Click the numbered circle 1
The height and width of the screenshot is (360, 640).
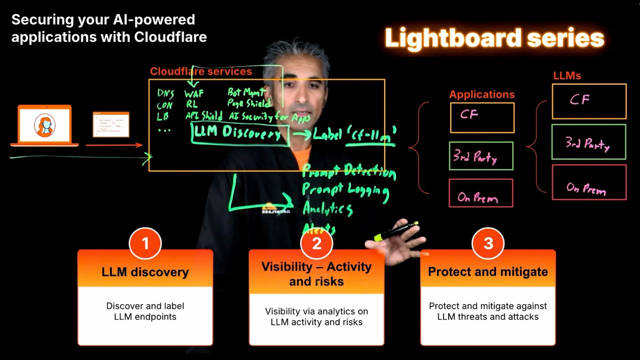pyautogui.click(x=145, y=243)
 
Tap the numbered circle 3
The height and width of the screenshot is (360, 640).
pyautogui.click(x=488, y=243)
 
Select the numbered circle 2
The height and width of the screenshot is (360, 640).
pyautogui.click(x=316, y=243)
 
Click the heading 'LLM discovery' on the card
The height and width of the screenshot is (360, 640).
pyautogui.click(x=145, y=272)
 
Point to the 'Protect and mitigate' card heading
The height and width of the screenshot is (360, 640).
pyautogui.click(x=488, y=272)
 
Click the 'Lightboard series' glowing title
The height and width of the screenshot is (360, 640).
pyautogui.click(x=494, y=38)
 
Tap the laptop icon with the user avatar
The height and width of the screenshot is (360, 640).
pyautogui.click(x=44, y=125)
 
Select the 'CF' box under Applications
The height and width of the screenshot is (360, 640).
pyautogui.click(x=482, y=117)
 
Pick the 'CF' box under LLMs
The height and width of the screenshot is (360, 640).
pyautogui.click(x=589, y=101)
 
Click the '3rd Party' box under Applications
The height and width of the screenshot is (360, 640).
pyautogui.click(x=481, y=156)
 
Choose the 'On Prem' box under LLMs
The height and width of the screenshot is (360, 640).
pyautogui.click(x=589, y=182)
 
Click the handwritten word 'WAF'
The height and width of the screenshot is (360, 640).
pyautogui.click(x=193, y=94)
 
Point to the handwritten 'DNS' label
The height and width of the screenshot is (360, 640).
pyautogui.click(x=165, y=94)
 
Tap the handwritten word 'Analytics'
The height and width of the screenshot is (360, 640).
pyautogui.click(x=327, y=208)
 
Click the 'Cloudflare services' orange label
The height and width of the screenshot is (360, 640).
pyautogui.click(x=201, y=71)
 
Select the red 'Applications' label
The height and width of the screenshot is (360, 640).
pyautogui.click(x=481, y=94)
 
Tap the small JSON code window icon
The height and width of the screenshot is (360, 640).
pyautogui.click(x=110, y=124)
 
